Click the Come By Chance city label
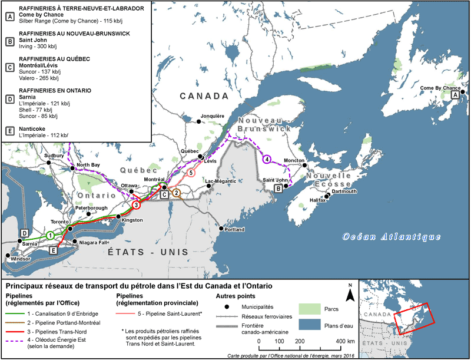[x=440, y=88]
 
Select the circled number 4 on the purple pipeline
[x=267, y=158]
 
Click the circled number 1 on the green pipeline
[x=51, y=235]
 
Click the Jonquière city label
[x=213, y=116]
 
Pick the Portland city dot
[x=220, y=229]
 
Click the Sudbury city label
[x=54, y=156]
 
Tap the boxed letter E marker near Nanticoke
[x=54, y=250]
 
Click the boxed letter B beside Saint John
[x=277, y=189]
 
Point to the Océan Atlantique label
[x=392, y=237]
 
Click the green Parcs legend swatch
[x=307, y=307]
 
